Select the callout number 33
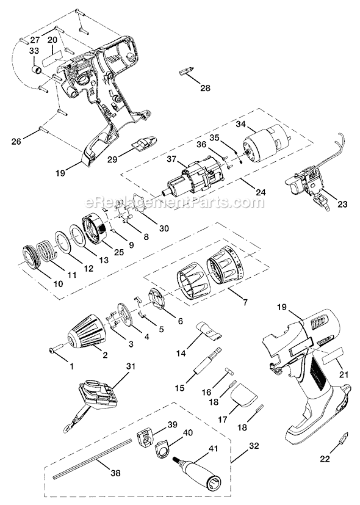tap(34, 51)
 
